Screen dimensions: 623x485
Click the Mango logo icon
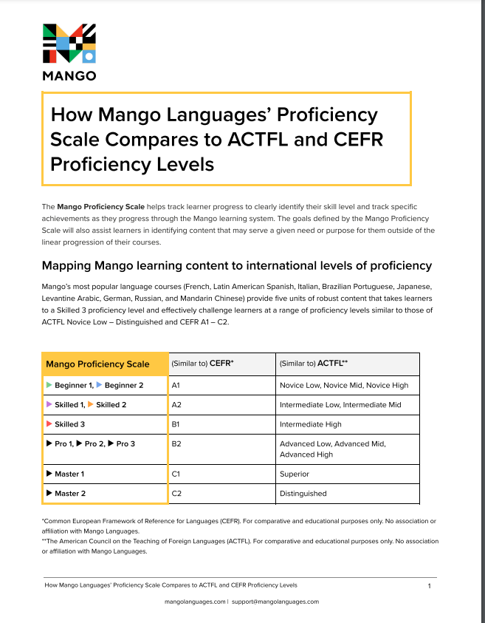[x=69, y=44]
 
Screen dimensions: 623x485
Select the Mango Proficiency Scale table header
[x=97, y=364]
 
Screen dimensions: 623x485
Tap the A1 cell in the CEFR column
[x=176, y=385]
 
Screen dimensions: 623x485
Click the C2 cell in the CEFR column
[x=176, y=493]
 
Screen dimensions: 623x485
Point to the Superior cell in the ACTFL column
[x=295, y=474]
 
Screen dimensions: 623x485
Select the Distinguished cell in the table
[x=303, y=493]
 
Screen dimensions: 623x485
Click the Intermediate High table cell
[x=311, y=424]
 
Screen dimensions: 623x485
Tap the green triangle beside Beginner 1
[x=49, y=385]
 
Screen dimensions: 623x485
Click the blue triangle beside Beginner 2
[x=100, y=385]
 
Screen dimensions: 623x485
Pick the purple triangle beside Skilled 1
[x=49, y=405]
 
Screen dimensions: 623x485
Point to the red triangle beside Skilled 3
[x=49, y=424]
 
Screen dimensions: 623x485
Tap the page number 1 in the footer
[x=429, y=585]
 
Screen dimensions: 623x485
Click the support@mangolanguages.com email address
[x=275, y=602]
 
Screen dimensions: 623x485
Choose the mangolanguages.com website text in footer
[x=195, y=602]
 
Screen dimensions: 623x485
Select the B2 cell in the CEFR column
[x=176, y=443]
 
